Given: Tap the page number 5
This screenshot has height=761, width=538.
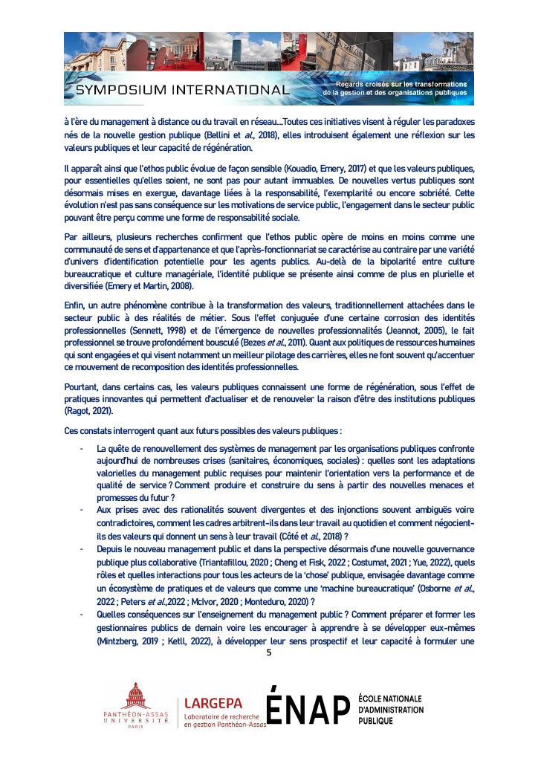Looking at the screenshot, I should pos(269,652).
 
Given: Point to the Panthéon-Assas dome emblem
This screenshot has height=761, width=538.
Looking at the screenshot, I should pos(135,698).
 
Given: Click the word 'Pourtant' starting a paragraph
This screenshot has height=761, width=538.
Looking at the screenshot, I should pos(82,386).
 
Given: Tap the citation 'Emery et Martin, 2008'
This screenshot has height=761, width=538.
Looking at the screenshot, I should pos(160,287).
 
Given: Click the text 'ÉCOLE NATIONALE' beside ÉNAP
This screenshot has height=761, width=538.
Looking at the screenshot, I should pos(390,699).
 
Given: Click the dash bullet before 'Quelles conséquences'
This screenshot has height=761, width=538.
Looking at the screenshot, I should pos(81,615).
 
